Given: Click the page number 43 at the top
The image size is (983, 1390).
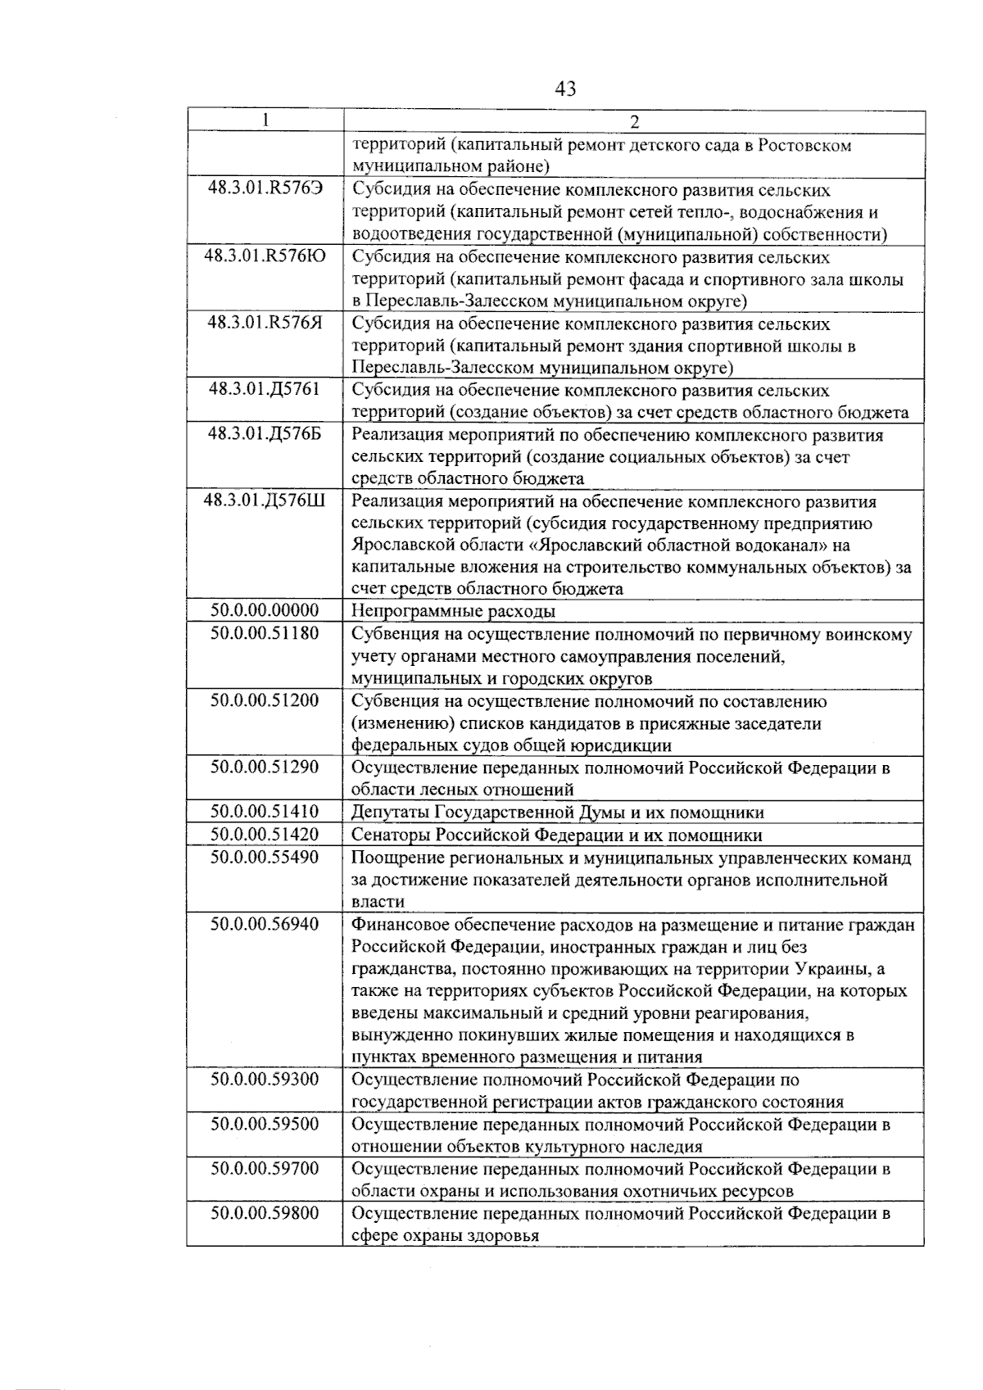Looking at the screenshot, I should pos(565,88).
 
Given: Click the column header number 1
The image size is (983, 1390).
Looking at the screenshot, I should pos(265,121).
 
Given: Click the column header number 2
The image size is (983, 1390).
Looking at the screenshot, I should pos(634,122).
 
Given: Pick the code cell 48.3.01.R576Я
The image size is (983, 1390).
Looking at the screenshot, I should pos(265,324).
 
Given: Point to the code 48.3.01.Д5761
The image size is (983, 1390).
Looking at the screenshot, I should pos(265,390).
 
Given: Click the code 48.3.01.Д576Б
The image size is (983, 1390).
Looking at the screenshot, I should pos(265,434).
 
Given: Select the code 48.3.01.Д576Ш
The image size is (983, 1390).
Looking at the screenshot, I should pos(265,500).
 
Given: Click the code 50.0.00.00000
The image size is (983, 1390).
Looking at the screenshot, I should pos(265,611).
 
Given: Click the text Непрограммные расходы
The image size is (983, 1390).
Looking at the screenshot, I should pos(453,612).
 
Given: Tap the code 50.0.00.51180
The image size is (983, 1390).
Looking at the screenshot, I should pos(265,633).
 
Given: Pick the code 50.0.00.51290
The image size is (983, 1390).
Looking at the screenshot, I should pos(265,767).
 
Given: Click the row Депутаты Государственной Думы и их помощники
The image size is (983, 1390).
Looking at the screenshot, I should pos(557,813).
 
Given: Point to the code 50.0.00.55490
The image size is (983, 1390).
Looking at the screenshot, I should pos(265,858).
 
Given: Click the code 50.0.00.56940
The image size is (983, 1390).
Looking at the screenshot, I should pos(265,924).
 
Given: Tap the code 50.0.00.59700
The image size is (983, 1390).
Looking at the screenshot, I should pos(265,1169).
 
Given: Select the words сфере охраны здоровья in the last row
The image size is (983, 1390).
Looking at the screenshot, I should pos(445,1236).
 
